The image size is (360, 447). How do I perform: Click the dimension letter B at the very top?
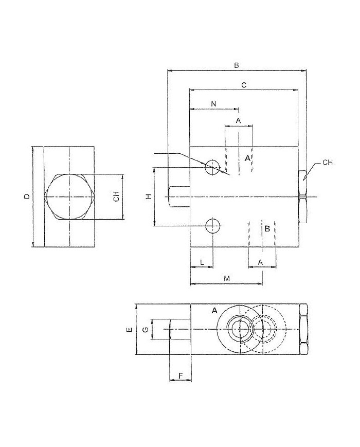point(236,65)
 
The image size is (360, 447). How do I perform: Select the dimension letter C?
point(244,84)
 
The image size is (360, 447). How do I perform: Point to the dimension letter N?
point(213,104)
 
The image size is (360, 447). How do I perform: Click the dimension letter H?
point(148,196)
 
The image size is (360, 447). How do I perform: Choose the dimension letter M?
point(226,278)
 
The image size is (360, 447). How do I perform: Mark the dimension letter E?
point(130,329)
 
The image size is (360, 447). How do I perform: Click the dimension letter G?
point(146,329)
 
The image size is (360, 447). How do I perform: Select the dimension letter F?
point(181,376)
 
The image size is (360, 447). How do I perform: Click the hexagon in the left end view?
point(69,197)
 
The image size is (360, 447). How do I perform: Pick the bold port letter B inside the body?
point(267,228)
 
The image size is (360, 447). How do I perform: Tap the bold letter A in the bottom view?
point(214,311)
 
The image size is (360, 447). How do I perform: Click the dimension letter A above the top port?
point(239,120)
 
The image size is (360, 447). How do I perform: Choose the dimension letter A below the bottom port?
point(261,262)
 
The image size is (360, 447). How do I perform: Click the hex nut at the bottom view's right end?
point(303,329)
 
